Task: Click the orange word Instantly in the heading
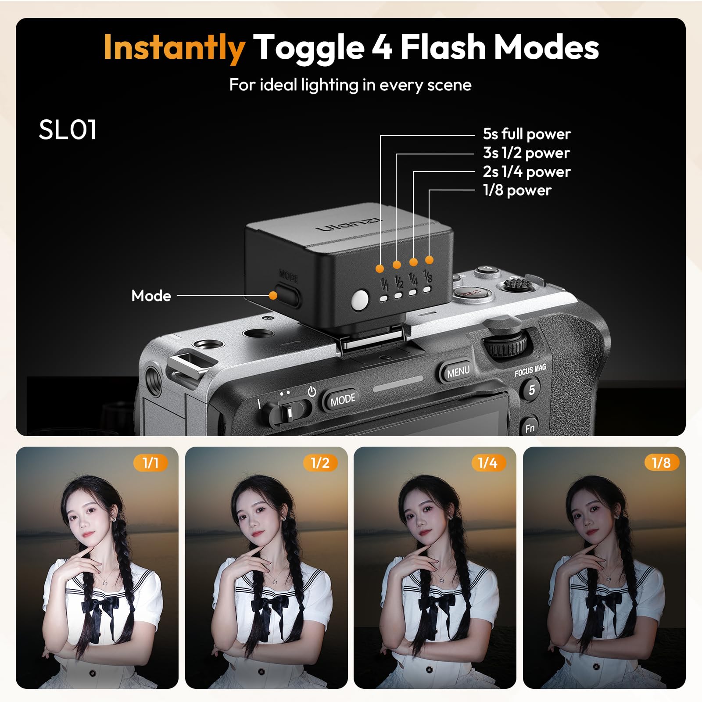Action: pyautogui.click(x=174, y=47)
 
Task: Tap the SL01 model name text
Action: pyautogui.click(x=68, y=130)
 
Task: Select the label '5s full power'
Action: pyautogui.click(x=526, y=134)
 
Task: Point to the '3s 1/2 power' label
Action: pyautogui.click(x=526, y=153)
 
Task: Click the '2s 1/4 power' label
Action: pyautogui.click(x=526, y=172)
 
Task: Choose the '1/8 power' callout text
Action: pyautogui.click(x=517, y=190)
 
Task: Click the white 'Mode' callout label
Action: pyautogui.click(x=151, y=296)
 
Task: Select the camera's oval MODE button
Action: pyautogui.click(x=343, y=399)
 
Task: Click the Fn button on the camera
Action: pyautogui.click(x=530, y=428)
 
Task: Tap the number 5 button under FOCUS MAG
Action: pyautogui.click(x=531, y=390)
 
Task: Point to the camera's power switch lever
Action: pyautogui.click(x=288, y=412)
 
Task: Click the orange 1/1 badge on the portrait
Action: pyautogui.click(x=150, y=462)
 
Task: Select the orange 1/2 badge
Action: pyautogui.click(x=320, y=462)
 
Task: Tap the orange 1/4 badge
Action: pyautogui.click(x=488, y=462)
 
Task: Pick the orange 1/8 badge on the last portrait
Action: pyautogui.click(x=661, y=462)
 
